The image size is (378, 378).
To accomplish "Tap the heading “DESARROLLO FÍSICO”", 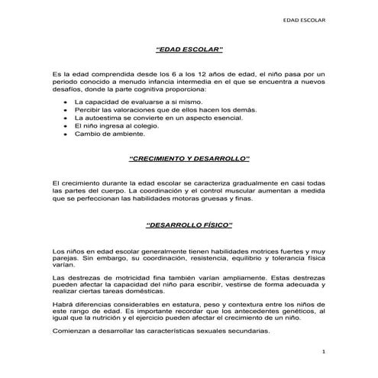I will coord(188,227).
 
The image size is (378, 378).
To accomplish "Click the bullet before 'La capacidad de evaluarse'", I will coord(66,102).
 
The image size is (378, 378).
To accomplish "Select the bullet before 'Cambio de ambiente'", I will coord(66,134).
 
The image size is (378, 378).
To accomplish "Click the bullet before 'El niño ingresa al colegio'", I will coord(66,126).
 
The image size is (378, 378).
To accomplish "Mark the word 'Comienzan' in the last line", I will coord(73,331).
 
